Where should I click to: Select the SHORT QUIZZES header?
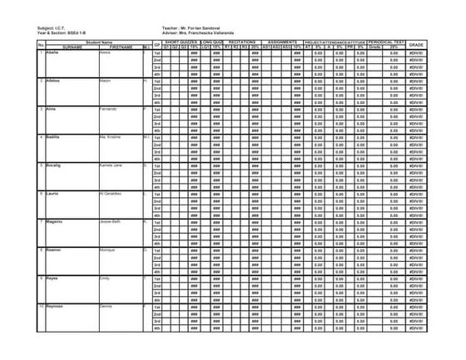pos(181,42)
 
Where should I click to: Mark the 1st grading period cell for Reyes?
pos(156,278)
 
